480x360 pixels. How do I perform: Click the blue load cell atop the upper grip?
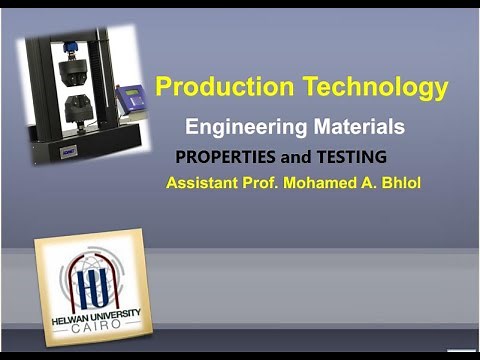[73, 45]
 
